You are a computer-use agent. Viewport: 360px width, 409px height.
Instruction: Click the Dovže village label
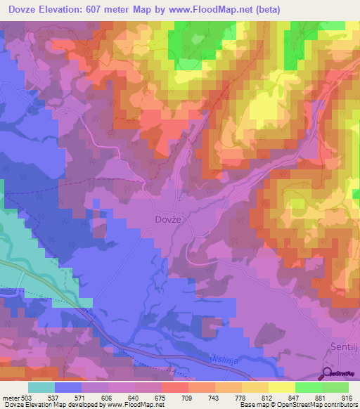pyautogui.click(x=168, y=219)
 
